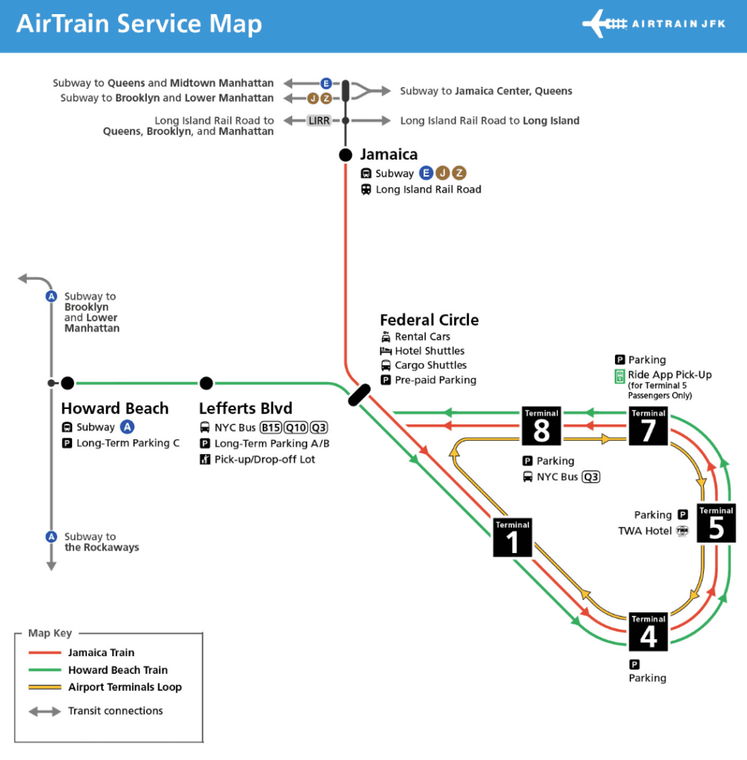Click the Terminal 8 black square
541,426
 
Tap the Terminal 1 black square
513,537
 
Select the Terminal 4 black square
648,632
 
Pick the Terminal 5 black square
716,523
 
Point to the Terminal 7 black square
648,426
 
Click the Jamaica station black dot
346,155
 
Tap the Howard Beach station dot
68,383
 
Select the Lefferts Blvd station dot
206,383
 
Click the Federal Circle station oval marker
360,395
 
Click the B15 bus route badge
271,427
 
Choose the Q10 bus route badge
296,427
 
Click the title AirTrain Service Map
139,24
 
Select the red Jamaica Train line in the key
45,653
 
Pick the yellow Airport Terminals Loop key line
45,687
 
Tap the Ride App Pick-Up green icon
619,376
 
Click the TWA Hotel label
645,531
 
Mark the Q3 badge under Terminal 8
590,477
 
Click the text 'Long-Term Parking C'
128,443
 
